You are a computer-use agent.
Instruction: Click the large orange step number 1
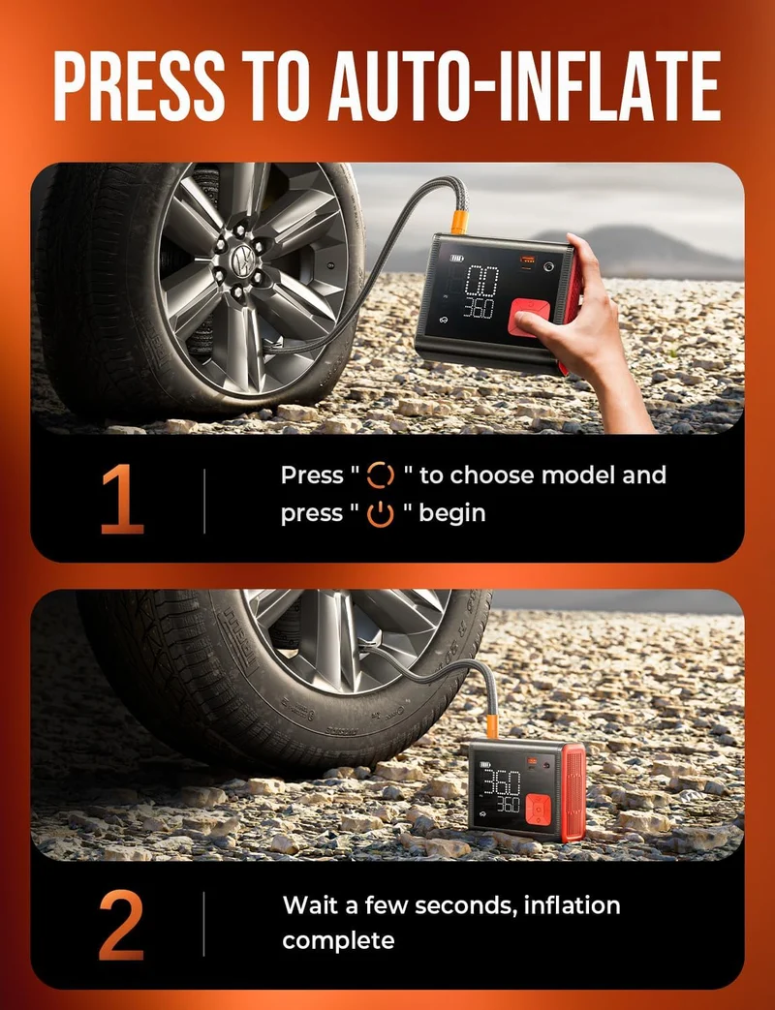[x=122, y=500]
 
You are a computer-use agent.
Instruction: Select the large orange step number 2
[x=121, y=925]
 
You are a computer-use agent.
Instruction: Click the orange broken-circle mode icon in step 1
[x=380, y=475]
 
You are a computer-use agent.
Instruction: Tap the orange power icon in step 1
[x=380, y=514]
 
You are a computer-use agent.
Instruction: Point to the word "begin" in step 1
[x=452, y=514]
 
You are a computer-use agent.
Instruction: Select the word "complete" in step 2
[x=338, y=941]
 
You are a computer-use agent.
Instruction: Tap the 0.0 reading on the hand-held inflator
[x=481, y=281]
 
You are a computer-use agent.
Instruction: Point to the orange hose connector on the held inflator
[x=459, y=222]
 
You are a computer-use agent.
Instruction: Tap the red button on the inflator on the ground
[x=538, y=810]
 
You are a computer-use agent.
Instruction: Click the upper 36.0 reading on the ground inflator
[x=501, y=783]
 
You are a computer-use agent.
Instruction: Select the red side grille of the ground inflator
[x=573, y=792]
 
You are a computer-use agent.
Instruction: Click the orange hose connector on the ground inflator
[x=492, y=726]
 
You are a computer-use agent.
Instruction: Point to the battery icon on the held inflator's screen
[x=456, y=259]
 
